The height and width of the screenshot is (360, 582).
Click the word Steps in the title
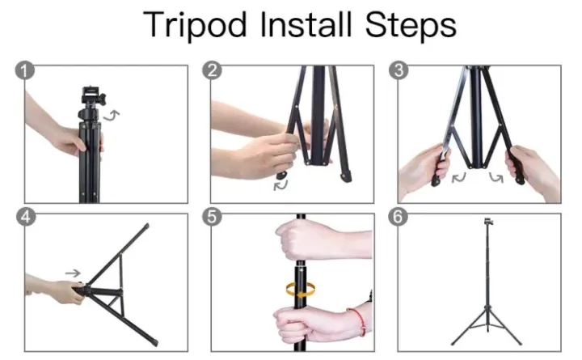pyautogui.click(x=415, y=27)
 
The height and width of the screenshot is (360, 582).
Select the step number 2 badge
pyautogui.click(x=213, y=70)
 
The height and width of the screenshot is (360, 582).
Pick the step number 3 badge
pyautogui.click(x=399, y=70)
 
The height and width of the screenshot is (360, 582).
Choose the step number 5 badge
pyautogui.click(x=213, y=218)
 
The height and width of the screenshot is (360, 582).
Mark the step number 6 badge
pyautogui.click(x=399, y=218)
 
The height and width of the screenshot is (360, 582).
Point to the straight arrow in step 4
pyautogui.click(x=73, y=273)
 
